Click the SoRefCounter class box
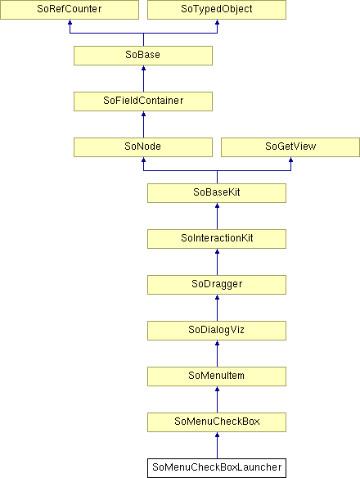click(x=70, y=10)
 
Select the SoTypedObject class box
click(x=217, y=10)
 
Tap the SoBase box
click(x=143, y=56)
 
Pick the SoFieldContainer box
click(x=143, y=101)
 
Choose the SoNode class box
click(x=143, y=147)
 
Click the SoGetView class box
click(x=290, y=147)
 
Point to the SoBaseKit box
click(x=217, y=193)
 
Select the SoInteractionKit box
click(x=217, y=239)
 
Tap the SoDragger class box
click(x=217, y=285)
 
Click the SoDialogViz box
click(x=217, y=331)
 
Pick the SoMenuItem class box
click(x=217, y=377)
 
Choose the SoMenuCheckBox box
click(x=217, y=422)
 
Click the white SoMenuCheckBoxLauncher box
click(x=217, y=468)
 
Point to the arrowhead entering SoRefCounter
click(x=70, y=22)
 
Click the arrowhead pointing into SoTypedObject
click(x=217, y=22)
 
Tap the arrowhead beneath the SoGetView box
click(x=290, y=160)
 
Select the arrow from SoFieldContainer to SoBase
click(x=143, y=79)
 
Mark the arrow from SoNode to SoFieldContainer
click(x=143, y=124)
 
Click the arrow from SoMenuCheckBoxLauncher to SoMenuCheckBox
click(x=217, y=445)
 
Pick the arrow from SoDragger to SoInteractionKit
click(x=217, y=262)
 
